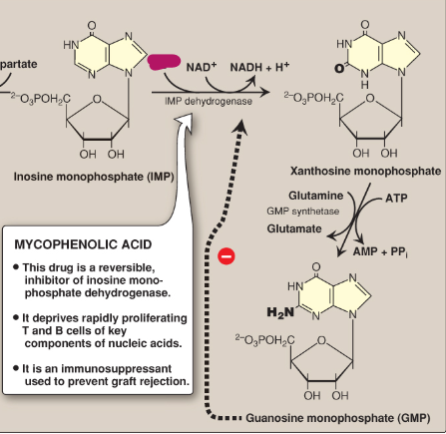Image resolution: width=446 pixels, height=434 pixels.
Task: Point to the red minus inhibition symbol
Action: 226,256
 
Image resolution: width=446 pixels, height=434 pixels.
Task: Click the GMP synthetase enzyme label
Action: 298,211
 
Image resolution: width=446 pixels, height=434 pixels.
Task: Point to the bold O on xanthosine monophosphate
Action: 340,69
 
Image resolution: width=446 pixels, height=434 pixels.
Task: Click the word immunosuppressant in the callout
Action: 127,367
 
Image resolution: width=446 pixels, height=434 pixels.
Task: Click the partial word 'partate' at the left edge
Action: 19,64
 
